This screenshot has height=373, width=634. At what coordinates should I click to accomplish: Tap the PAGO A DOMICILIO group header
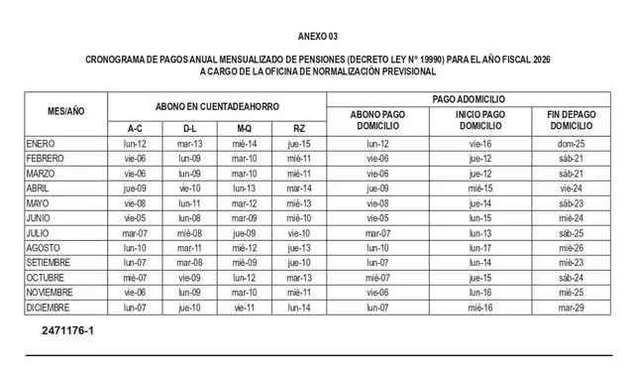pos(470,99)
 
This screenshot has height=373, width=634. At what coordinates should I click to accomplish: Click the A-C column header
pos(136,129)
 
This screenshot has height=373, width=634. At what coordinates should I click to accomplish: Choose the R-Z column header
pos(299,129)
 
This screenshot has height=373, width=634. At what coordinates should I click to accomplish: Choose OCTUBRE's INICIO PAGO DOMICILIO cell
pos(480,278)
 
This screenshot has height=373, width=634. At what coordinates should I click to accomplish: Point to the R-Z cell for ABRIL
pos(299,187)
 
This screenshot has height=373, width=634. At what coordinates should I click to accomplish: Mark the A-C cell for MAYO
pos(136,202)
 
